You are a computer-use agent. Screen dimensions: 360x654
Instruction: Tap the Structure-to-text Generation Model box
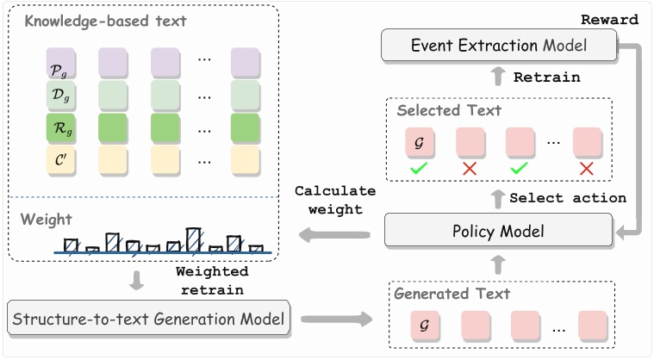(147, 320)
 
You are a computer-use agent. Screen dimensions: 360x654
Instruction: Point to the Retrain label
(546, 78)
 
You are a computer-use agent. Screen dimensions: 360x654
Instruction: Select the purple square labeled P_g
(60, 62)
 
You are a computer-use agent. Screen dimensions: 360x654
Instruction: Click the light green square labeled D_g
(60, 94)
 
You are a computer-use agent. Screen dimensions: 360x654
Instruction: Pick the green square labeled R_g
(60, 127)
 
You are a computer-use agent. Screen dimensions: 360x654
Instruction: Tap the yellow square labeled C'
(60, 158)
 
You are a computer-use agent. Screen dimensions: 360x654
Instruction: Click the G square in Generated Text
(422, 327)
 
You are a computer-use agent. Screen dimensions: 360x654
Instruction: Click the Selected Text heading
(448, 111)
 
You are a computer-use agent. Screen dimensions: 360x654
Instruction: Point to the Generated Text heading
(452, 294)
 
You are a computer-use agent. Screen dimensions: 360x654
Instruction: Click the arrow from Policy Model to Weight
(332, 232)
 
